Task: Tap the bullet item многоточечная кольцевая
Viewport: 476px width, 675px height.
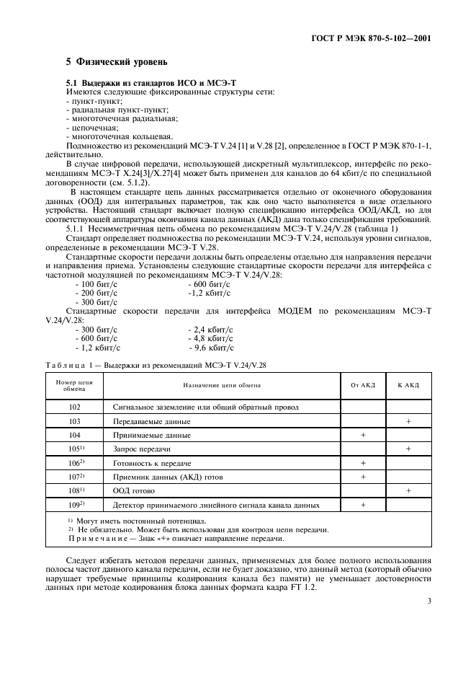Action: [x=120, y=136]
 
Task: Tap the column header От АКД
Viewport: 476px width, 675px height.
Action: [x=363, y=385]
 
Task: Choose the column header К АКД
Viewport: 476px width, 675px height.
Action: [x=408, y=385]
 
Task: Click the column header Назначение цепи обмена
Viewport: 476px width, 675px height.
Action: [x=221, y=385]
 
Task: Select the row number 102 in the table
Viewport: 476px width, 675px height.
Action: [x=74, y=407]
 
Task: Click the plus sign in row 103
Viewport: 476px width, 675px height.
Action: [x=408, y=421]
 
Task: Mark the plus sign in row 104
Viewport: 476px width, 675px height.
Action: [x=363, y=435]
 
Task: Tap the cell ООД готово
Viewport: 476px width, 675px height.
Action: [x=134, y=490]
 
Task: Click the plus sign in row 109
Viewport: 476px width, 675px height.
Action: [x=363, y=505]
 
